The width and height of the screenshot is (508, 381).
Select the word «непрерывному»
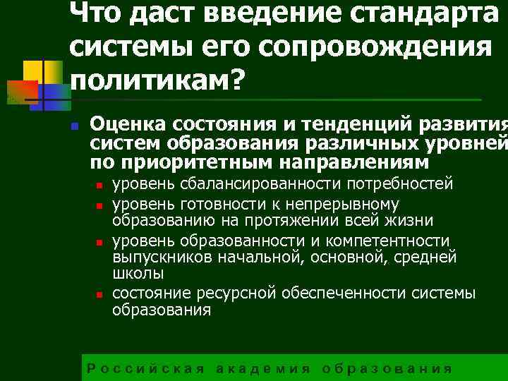344,204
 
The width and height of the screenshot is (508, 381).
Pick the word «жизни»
410,222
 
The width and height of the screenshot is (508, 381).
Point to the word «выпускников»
157,257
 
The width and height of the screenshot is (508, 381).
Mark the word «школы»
138,274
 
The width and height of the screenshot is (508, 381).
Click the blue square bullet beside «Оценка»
73,126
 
